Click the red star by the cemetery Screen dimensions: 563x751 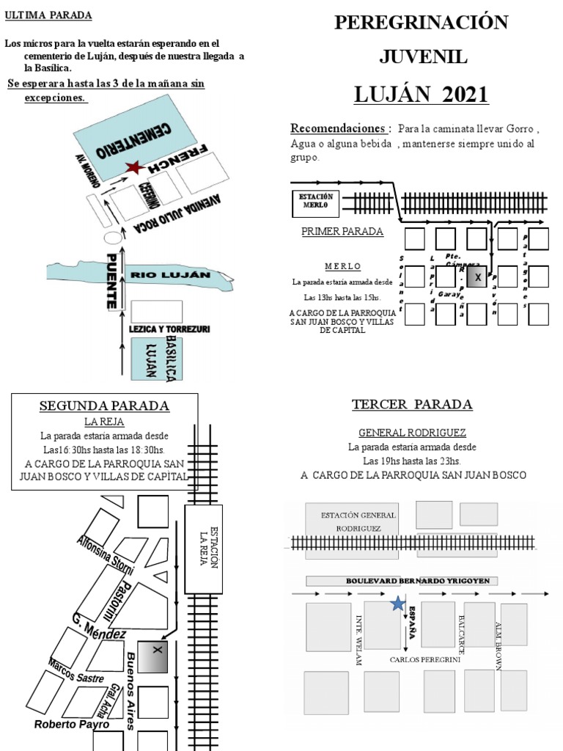(x=133, y=168)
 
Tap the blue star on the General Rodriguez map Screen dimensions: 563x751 (x=397, y=604)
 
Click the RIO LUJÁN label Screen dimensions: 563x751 (x=170, y=275)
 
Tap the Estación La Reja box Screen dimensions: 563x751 (x=202, y=549)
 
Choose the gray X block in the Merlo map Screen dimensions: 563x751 (x=477, y=277)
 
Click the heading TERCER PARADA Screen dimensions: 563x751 (x=411, y=405)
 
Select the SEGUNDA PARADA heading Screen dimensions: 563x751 (x=104, y=406)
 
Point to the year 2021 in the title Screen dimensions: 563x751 (x=465, y=95)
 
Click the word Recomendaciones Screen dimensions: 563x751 (x=336, y=128)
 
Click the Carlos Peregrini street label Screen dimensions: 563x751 (x=424, y=659)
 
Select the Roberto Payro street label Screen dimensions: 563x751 (x=72, y=725)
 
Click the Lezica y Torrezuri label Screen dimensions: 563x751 (x=169, y=330)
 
